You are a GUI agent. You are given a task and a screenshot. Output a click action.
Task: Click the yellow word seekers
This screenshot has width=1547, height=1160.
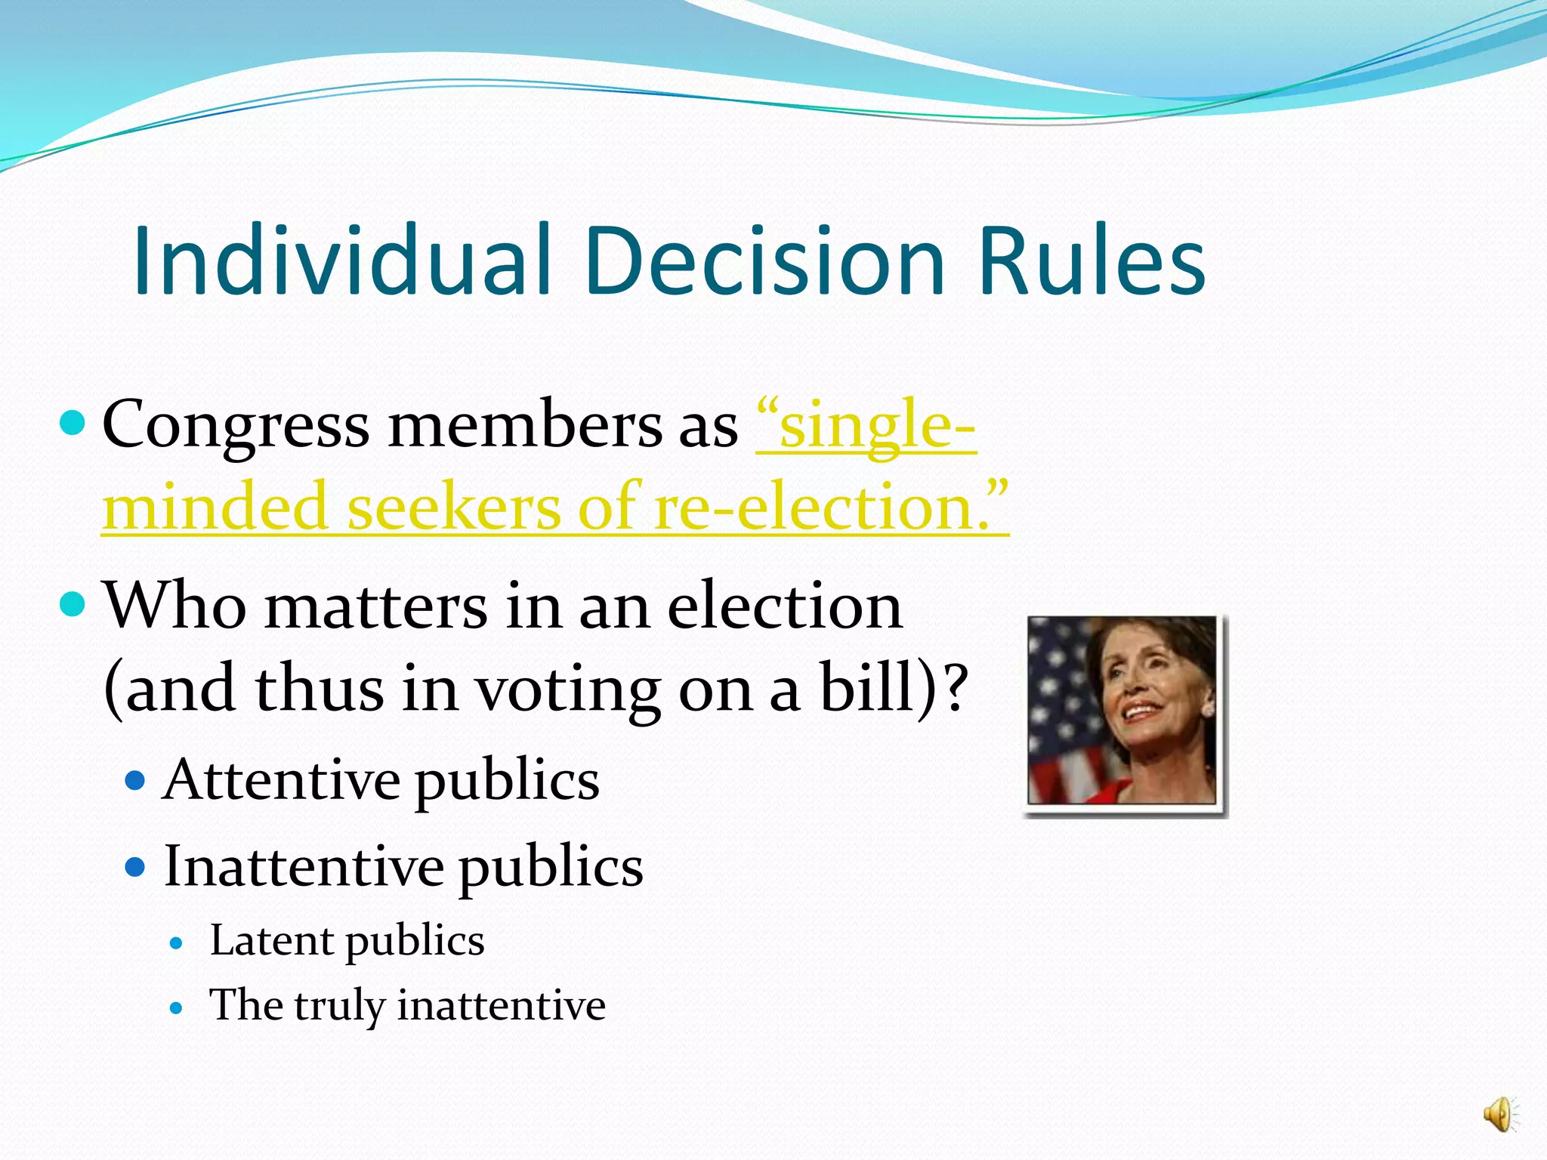[x=453, y=507]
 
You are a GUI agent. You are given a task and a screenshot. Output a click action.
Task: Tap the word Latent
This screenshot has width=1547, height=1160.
[x=271, y=941]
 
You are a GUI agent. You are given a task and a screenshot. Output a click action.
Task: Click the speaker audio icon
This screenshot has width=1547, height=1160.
[x=1498, y=1115]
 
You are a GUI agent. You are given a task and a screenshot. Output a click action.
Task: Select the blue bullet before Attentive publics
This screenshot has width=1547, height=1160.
[x=134, y=780]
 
